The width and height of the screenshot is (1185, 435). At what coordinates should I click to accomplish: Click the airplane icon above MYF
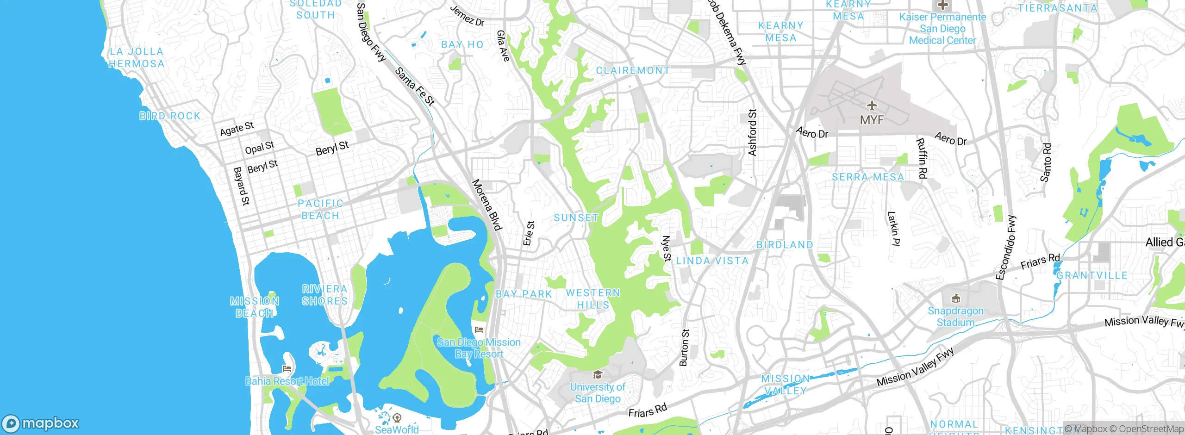point(872,106)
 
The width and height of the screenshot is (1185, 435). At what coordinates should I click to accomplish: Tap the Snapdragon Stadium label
point(955,317)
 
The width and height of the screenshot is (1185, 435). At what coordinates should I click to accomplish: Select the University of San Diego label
point(598,393)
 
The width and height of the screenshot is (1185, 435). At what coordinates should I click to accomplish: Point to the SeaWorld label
point(397,429)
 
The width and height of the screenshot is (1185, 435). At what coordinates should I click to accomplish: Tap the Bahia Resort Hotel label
point(287,381)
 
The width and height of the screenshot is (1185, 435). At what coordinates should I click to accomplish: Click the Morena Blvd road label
point(487,205)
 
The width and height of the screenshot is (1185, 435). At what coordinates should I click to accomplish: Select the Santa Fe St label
point(415,87)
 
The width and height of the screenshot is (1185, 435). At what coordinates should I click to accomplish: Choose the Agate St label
point(237,129)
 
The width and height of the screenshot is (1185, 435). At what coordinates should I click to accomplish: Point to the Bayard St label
point(241,186)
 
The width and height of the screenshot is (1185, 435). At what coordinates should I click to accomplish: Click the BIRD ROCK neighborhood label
point(170,116)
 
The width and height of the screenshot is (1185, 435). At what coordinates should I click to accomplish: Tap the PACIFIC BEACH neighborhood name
point(320,210)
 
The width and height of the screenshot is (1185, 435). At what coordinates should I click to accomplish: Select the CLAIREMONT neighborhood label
point(633,71)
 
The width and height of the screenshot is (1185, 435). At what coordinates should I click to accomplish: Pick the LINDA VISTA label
point(712,261)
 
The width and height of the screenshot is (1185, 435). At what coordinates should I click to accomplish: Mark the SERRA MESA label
point(868,177)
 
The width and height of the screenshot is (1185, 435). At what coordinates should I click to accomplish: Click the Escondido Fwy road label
point(1006,248)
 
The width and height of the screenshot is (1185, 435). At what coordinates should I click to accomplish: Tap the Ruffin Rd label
point(922,159)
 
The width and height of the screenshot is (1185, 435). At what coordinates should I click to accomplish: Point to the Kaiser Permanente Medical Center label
point(942,29)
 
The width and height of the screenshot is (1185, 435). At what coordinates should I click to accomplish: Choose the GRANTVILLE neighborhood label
point(1092,276)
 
